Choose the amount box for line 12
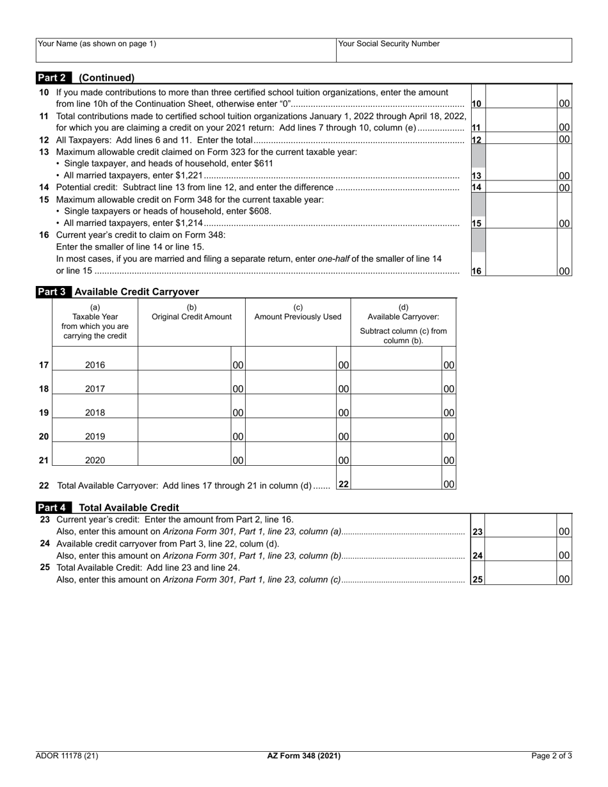pyautogui.click(x=521, y=139)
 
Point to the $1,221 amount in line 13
pyautogui.click(x=189, y=175)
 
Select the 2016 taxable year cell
pyautogui.click(x=95, y=365)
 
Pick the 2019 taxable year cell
pyautogui.click(x=95, y=436)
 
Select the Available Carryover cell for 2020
pyautogui.click(x=397, y=454)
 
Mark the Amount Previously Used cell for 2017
pyautogui.click(x=291, y=383)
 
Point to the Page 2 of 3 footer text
pyautogui.click(x=552, y=756)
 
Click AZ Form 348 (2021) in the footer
pyautogui.click(x=303, y=756)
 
